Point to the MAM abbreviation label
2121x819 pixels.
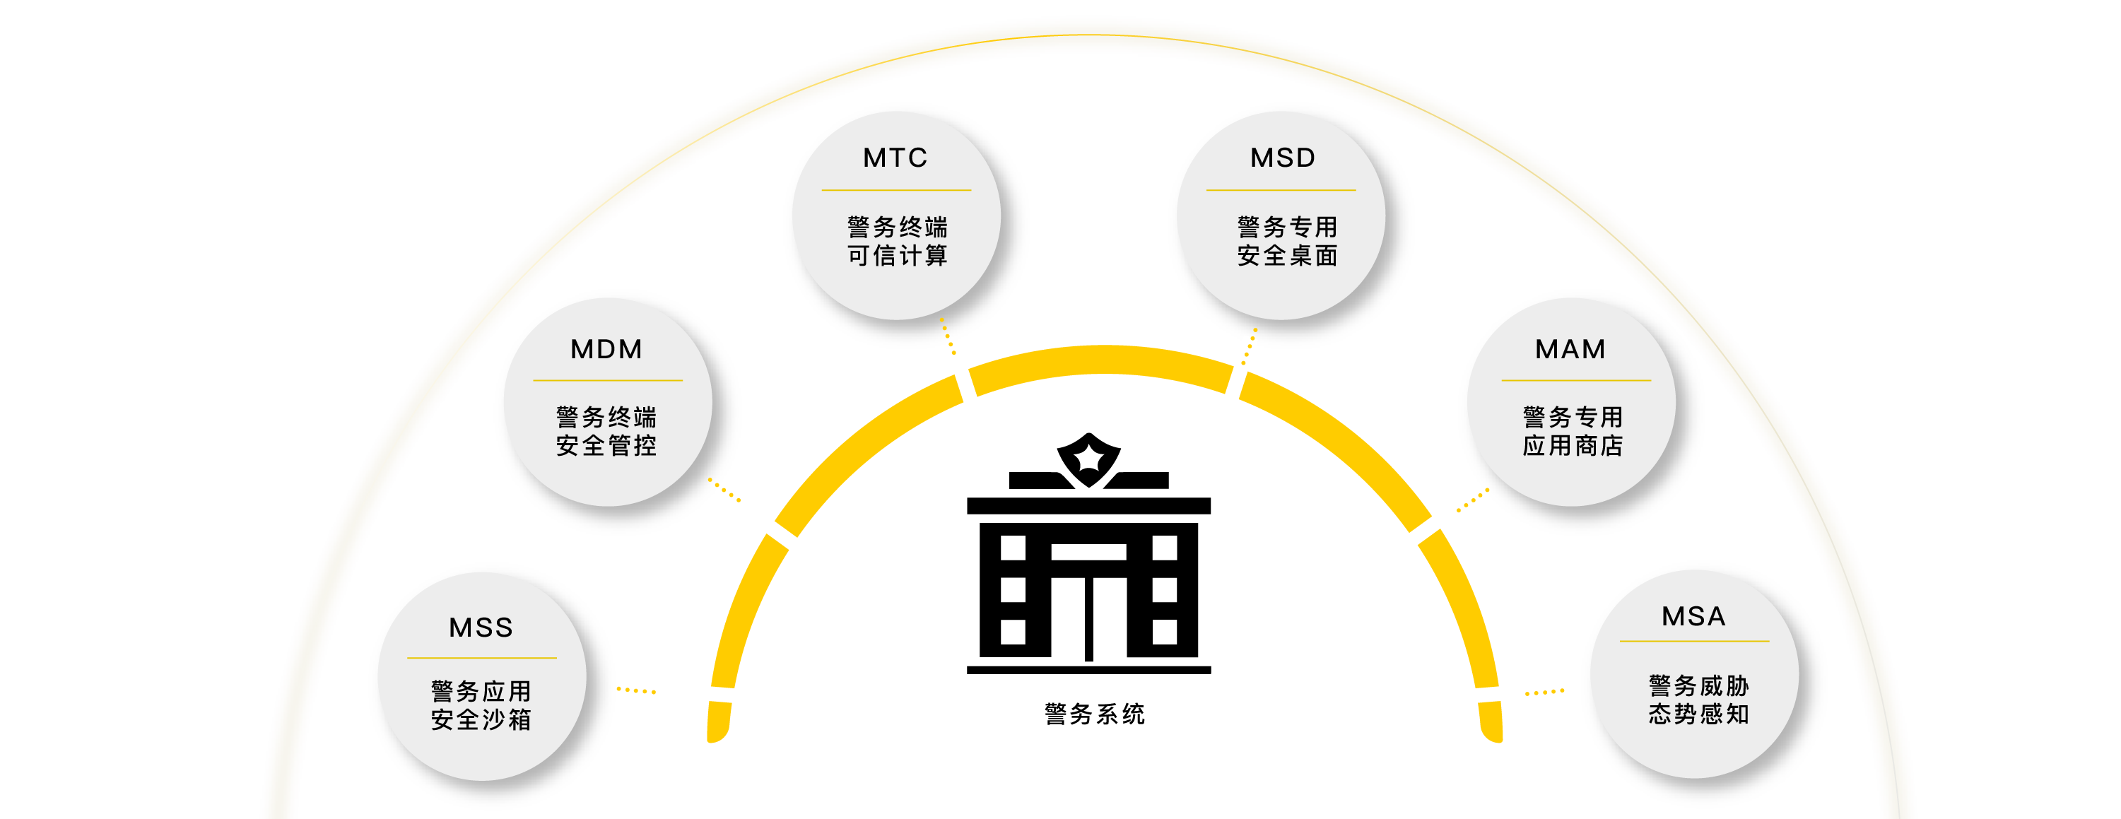[1570, 349]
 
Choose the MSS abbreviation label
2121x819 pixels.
[481, 627]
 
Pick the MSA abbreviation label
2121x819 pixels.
[1693, 615]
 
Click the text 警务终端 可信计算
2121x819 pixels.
[897, 241]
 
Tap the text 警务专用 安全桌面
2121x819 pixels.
[1287, 241]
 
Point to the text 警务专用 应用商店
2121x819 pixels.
[1573, 431]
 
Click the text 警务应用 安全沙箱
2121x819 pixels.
[481, 705]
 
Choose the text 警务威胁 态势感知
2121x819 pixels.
[1698, 700]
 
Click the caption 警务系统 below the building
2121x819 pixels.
[1094, 714]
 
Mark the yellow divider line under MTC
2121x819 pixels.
[896, 190]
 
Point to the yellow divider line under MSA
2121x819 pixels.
[1693, 640]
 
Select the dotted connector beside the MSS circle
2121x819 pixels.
[637, 690]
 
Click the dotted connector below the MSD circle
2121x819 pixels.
[1249, 348]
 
